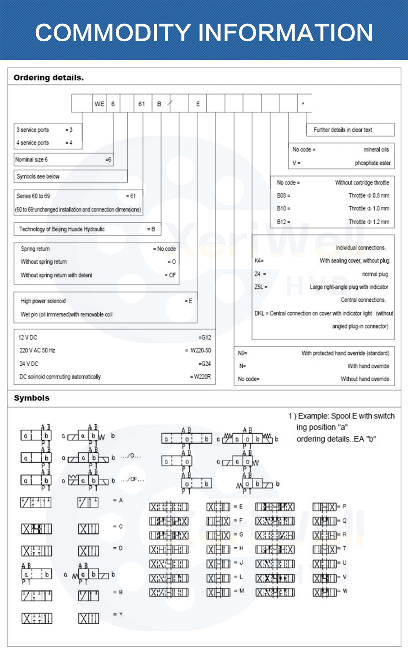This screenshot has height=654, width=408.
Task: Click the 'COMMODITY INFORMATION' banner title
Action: pos(204,33)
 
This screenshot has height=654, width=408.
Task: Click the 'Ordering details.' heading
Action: pos(49,77)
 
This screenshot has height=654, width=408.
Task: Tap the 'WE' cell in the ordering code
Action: pos(100,104)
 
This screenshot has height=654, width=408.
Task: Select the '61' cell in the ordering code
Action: pos(142,104)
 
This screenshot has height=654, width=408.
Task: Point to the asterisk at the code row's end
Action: pos(303,104)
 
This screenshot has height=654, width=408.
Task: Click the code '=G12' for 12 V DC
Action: pos(205,338)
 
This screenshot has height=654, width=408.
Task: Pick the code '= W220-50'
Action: pos(199,351)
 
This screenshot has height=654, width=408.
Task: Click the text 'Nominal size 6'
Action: pos(31,160)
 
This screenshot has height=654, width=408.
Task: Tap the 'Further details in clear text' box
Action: pos(343,130)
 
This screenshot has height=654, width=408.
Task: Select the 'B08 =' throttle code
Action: pos(284,196)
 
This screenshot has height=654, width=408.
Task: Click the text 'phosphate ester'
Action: pos(373,163)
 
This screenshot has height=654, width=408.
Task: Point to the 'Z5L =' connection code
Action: pos(261,287)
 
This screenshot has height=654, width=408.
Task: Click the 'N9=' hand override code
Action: pos(243,353)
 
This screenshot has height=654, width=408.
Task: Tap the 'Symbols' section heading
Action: pos(32,398)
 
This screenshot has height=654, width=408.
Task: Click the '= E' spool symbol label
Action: pos(239,506)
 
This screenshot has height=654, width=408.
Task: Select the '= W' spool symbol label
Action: pos(343,591)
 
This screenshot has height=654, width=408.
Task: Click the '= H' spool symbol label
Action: pos(239,548)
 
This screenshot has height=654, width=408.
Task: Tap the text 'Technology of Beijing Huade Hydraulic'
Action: pos(62,229)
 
